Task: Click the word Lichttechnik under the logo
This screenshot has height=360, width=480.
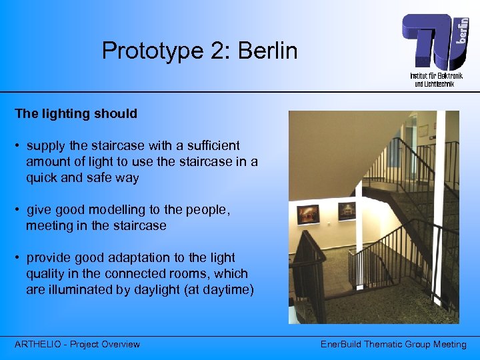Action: point(440,84)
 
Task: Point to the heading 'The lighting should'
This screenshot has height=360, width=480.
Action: point(76,114)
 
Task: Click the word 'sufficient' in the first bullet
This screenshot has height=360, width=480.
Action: point(211,145)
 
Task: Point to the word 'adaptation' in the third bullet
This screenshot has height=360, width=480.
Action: point(141,258)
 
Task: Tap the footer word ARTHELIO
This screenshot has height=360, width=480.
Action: point(39,345)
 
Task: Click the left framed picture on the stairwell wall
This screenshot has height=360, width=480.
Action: point(308,214)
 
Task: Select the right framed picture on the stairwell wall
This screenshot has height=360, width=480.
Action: point(346,211)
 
